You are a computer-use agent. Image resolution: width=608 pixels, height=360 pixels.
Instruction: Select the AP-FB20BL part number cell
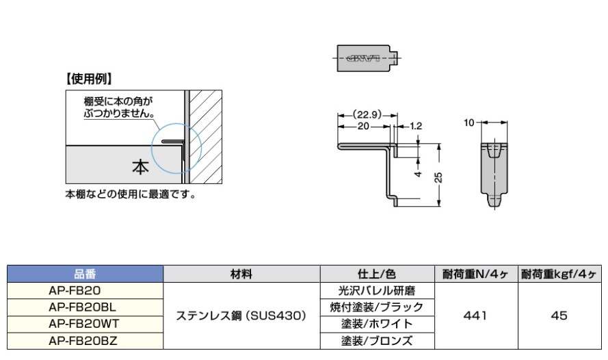pos(86,307)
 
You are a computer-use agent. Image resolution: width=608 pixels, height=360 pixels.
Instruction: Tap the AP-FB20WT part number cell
pos(86,323)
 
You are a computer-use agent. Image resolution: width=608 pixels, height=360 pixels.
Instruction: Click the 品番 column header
pos(86,274)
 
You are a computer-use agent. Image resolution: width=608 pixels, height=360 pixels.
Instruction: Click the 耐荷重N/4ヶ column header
pos(475,274)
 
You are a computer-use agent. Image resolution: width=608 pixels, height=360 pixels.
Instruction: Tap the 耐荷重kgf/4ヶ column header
pos(559,274)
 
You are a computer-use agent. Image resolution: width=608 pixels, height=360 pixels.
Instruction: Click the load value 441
pos(475,316)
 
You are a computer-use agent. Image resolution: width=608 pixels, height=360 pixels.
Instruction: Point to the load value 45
pos(559,316)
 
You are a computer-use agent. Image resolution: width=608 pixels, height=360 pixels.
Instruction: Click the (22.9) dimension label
pos(367,114)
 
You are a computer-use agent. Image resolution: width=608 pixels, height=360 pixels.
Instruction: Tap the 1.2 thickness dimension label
pos(417,126)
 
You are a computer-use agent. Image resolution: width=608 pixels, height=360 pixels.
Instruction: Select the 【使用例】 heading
pos(89,78)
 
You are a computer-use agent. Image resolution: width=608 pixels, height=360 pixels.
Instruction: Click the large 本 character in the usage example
pos(140,166)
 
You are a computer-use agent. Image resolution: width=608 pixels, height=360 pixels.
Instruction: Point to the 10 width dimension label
pos(468,123)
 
